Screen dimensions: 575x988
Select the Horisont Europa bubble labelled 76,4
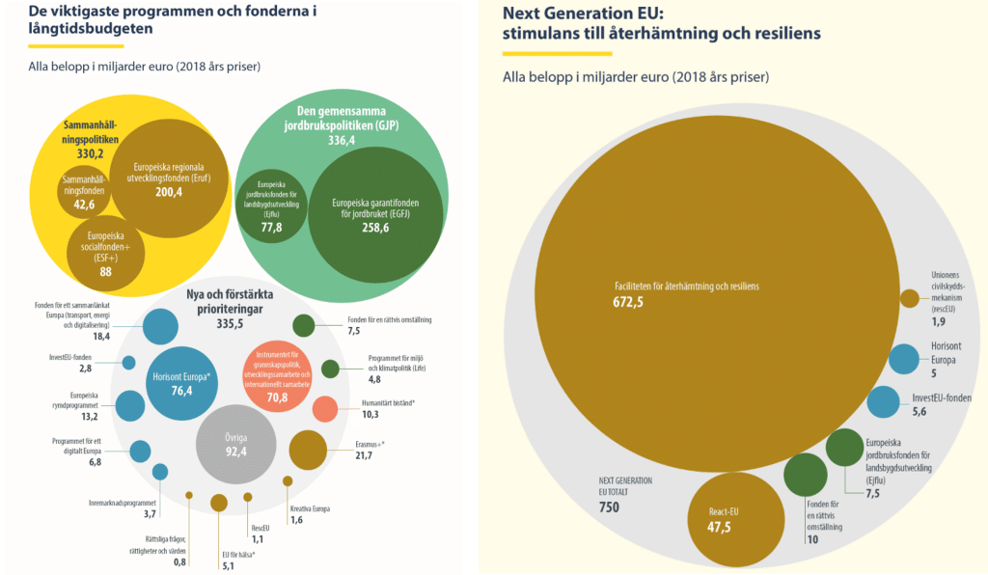point(181,383)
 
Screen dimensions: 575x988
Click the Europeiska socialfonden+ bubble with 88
point(106,248)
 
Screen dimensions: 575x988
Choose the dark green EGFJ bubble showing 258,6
point(375,216)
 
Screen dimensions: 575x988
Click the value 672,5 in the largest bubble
point(627,302)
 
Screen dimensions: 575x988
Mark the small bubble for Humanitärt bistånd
point(325,408)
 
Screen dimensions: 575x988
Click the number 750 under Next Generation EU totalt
point(609,507)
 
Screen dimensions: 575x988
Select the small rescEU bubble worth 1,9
point(909,298)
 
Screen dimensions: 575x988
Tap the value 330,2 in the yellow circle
point(90,153)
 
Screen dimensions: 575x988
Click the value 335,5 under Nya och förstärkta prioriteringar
point(234,325)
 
